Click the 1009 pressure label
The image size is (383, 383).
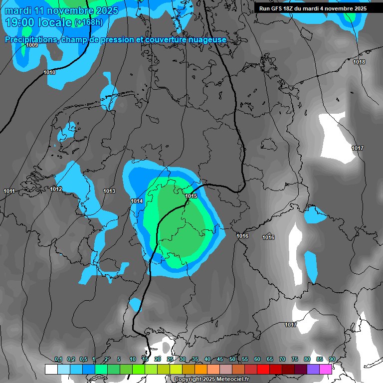point(32,45)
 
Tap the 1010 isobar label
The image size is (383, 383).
point(49,73)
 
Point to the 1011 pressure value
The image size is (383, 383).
point(9,191)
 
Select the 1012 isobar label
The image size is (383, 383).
point(56,189)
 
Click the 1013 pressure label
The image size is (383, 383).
point(109,191)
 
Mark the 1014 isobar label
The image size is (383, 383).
point(137,201)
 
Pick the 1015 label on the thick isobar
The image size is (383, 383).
point(191,196)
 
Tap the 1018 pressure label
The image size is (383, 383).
point(359,62)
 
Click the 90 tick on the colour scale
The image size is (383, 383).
point(332,360)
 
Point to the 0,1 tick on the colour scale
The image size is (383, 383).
point(58,360)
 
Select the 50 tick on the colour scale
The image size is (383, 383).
point(232,360)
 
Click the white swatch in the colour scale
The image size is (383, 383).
point(51,369)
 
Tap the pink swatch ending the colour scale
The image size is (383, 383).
point(326,369)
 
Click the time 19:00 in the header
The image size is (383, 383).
point(20,22)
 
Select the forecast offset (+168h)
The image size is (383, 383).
point(88,22)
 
